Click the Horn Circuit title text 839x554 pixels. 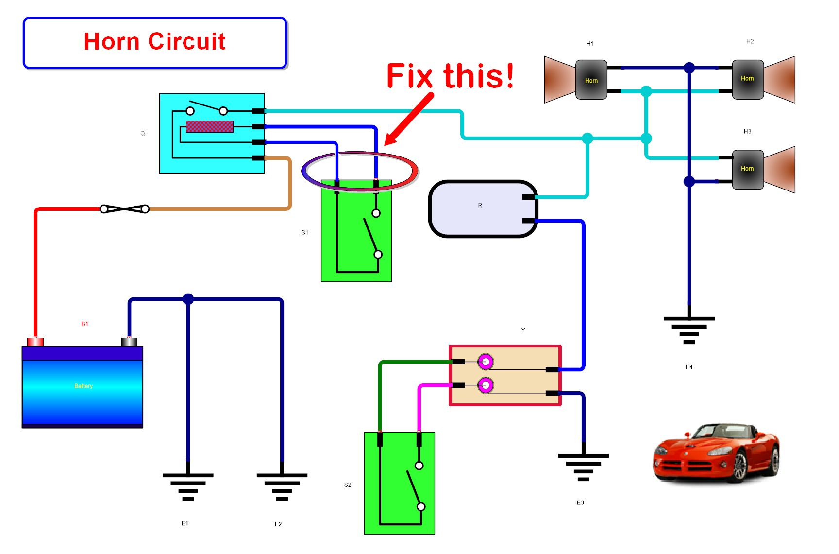154,42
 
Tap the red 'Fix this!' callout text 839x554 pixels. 450,76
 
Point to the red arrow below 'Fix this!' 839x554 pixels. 408,120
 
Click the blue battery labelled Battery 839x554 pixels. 83,387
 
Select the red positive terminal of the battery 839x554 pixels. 35,342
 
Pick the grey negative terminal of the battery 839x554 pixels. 129,342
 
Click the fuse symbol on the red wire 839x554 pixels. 124,209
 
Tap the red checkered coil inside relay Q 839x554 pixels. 210,127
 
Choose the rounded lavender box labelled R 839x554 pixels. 483,209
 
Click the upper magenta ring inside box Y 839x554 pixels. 486,362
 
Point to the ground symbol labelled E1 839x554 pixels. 188,486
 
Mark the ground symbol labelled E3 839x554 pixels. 583,467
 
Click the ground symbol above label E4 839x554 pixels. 689,329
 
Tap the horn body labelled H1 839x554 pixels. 591,80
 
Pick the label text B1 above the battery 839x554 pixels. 84,324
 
